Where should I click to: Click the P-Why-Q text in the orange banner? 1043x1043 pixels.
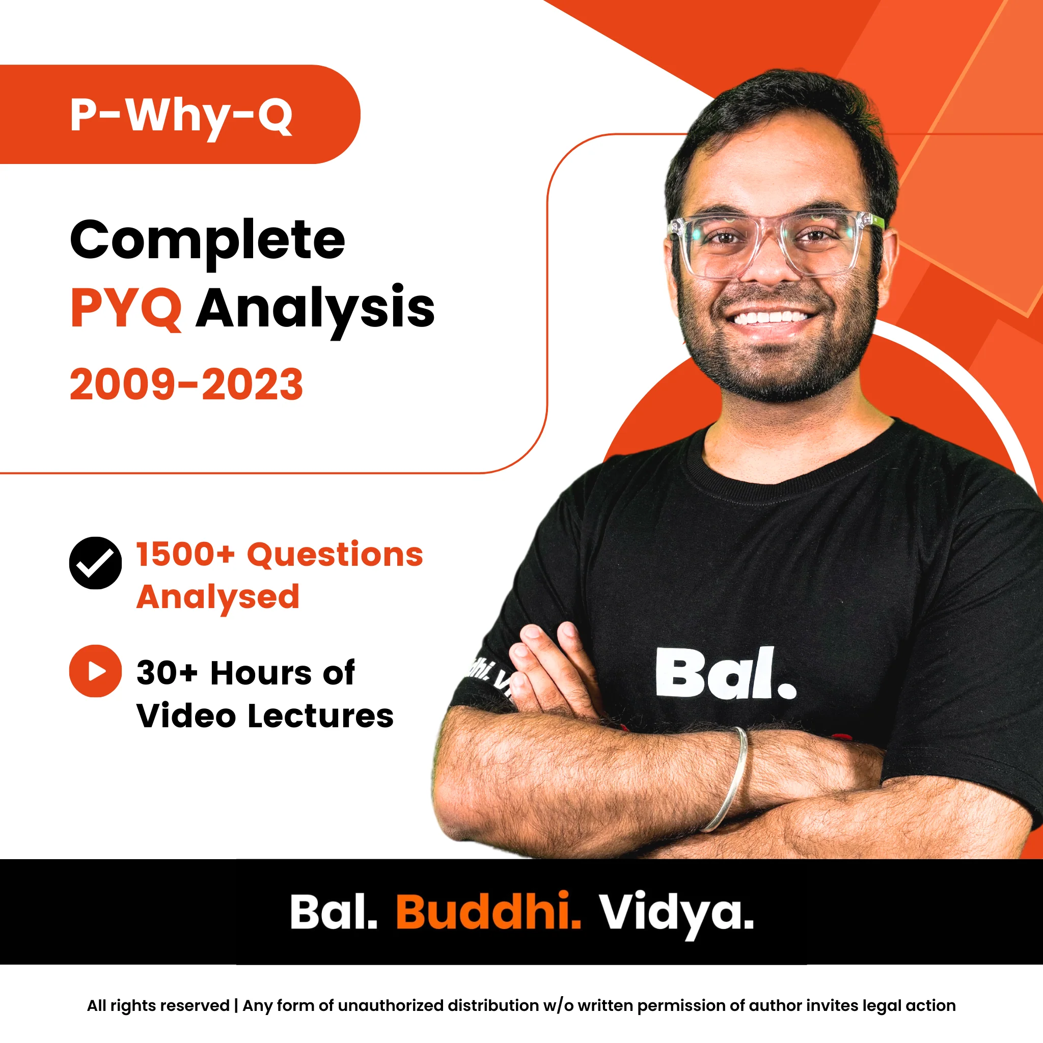pos(181,117)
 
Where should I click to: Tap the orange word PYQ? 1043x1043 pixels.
pos(126,309)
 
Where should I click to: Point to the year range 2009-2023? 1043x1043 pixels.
pos(186,385)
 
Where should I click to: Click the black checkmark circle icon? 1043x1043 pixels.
pos(96,563)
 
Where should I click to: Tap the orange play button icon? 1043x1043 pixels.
pos(96,671)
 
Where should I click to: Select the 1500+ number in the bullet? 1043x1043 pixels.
pos(186,555)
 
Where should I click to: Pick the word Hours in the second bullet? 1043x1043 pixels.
pos(261,673)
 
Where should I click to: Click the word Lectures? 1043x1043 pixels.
pos(321,717)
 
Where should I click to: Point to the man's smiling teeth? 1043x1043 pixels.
pos(773,316)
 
